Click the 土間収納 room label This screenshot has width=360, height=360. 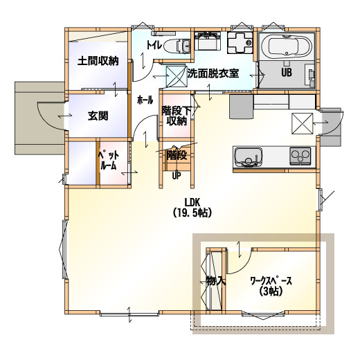pos(98,61)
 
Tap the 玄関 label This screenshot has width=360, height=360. pos(98,116)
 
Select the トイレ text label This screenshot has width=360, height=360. pos(154,45)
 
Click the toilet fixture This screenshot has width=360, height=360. pos(178,46)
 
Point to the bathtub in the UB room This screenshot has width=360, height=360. pos(287,46)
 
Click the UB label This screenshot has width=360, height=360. pos(287,73)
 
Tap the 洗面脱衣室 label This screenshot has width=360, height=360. pos(213,73)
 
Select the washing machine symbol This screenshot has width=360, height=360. pos(240,43)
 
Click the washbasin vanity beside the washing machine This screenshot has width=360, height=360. pos(207,41)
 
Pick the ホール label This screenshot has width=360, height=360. pos(145,100)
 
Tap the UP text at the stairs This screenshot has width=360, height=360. pos(177,176)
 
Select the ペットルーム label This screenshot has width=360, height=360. pos(109,161)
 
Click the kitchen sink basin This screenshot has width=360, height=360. pos(249,157)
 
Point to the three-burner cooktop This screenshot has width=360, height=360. pos(300,156)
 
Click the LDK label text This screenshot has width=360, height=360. pos(192,202)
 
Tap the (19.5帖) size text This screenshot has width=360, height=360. pos(192,213)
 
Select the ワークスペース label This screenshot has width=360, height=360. pos(271,281)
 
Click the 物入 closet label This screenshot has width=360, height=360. pos(215,281)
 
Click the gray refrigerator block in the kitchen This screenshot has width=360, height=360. pos(241,107)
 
